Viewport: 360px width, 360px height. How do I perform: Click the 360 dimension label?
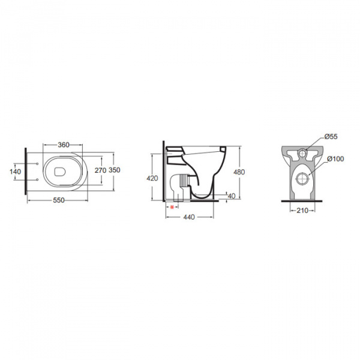point(64,145)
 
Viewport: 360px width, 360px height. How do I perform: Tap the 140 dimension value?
point(16,172)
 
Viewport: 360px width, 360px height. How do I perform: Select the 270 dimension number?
point(101,170)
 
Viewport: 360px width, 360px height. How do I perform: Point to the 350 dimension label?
point(115,170)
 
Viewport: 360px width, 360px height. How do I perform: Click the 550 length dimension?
point(59,200)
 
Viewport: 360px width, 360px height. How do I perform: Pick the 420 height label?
point(152,178)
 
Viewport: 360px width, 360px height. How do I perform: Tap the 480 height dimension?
point(239,172)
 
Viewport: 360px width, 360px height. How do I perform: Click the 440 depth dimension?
point(189,217)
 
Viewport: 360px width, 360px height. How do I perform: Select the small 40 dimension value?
point(232,196)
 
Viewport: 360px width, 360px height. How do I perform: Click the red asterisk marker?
point(172,207)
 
